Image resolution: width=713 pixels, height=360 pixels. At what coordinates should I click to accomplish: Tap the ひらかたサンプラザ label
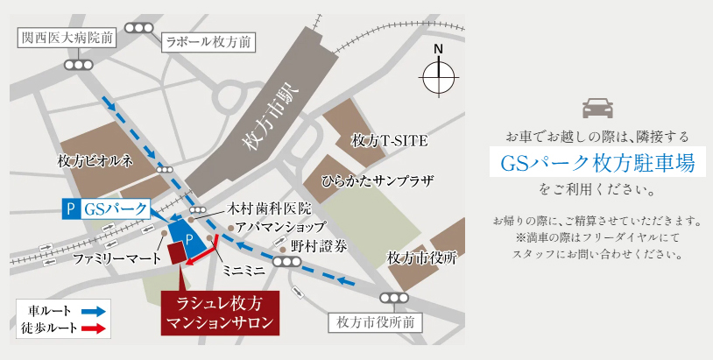click(378, 181)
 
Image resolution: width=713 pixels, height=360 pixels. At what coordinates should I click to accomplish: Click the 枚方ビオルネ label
click(95, 161)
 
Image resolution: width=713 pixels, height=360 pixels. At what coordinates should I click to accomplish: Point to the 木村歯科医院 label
click(269, 209)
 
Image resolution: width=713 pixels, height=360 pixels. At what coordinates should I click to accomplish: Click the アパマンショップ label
click(274, 228)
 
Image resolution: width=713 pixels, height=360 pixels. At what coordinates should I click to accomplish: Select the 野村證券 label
click(320, 246)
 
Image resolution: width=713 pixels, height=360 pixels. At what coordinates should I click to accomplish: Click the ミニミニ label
click(244, 272)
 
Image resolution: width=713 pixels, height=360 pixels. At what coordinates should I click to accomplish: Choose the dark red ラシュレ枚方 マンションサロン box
click(220, 313)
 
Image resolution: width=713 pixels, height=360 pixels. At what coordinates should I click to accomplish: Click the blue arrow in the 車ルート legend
click(94, 311)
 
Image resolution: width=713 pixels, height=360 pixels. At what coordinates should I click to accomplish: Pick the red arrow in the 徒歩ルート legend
click(94, 328)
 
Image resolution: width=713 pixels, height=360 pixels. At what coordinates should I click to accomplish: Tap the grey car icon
click(597, 109)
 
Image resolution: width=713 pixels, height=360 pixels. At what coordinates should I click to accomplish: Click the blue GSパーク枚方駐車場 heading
click(597, 163)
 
